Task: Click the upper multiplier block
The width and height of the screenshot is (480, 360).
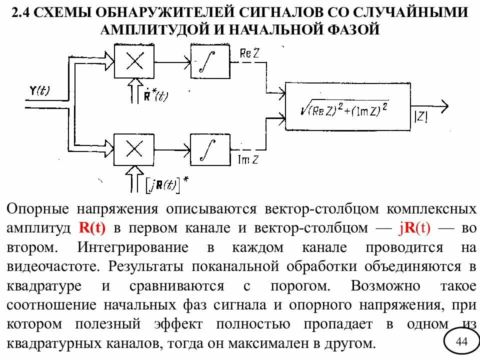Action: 134,62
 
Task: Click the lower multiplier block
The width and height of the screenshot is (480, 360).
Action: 134,148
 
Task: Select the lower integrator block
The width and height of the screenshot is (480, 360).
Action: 210,148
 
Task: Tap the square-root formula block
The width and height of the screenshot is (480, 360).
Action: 348,106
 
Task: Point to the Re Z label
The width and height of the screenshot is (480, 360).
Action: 249,54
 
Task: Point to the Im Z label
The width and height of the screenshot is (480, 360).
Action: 247,160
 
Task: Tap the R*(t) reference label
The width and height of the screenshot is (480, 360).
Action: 154,95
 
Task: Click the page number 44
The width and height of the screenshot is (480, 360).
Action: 461,341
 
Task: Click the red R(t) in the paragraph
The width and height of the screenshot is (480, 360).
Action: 92,228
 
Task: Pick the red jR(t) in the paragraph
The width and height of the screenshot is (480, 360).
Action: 414,228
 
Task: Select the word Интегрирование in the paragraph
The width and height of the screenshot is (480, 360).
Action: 133,247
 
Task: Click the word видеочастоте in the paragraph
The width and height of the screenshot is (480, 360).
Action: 54,266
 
